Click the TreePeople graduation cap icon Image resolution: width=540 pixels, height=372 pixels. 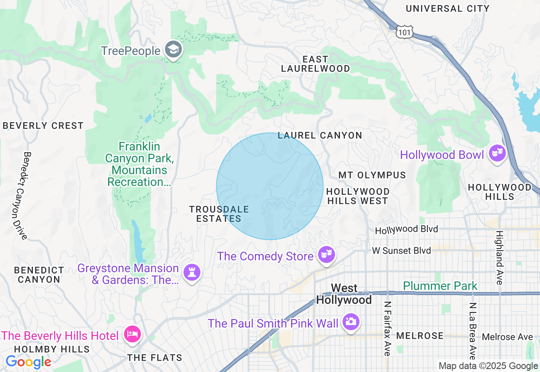coord(173,50)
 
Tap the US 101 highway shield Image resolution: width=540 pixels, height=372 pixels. coord(405,32)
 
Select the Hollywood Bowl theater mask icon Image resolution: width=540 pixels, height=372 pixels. coord(498,153)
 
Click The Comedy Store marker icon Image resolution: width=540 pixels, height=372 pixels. coord(326,254)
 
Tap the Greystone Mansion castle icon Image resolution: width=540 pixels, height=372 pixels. coord(192,272)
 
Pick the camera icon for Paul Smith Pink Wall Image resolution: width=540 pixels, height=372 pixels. coord(351,322)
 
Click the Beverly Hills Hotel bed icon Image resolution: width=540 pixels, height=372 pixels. coord(132,334)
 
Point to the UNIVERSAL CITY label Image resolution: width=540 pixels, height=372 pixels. coord(448,8)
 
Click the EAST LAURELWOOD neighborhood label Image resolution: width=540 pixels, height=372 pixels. coord(316,64)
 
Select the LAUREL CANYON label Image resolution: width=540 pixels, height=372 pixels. coord(320,135)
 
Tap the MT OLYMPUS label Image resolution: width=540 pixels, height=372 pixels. coord(372,175)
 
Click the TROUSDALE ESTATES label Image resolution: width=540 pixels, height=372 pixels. coord(219,214)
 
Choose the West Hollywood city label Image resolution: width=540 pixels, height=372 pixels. coord(344,294)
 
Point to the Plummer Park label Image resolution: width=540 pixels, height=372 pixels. coord(440,286)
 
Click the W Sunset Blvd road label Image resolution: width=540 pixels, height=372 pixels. coord(401,251)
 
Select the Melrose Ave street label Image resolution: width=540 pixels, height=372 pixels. coord(507,337)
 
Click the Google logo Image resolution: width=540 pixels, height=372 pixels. coord(28,362)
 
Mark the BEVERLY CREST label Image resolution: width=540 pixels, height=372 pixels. coord(43,126)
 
